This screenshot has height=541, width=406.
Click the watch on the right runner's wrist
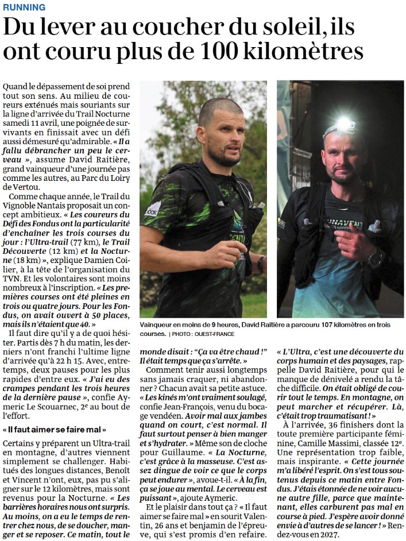tap(376, 257)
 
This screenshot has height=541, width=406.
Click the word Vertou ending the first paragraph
tap(16, 187)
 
